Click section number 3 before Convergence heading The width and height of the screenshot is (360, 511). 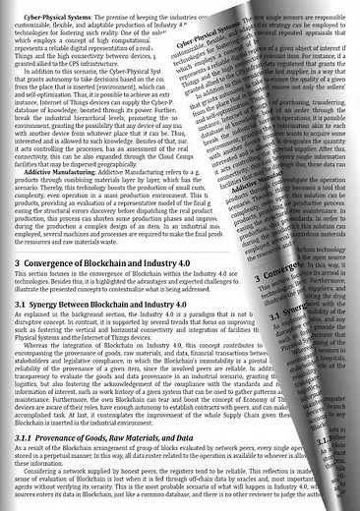(x=17, y=264)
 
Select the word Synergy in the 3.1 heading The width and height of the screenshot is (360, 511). (x=53, y=306)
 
